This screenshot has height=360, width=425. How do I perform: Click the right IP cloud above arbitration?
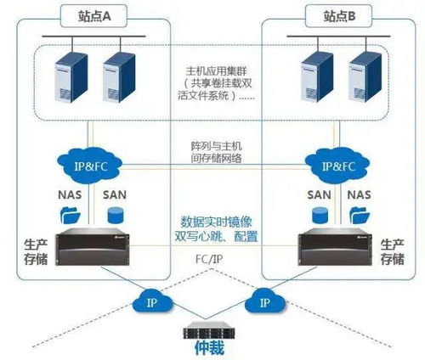pyautogui.click(x=264, y=301)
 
